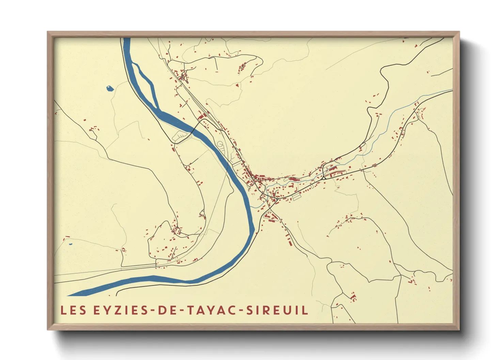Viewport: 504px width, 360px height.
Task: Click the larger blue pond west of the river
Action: click(x=109, y=88)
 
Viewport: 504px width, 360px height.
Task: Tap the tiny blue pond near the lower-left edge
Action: click(x=70, y=244)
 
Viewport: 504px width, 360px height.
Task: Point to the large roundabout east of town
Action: click(x=324, y=177)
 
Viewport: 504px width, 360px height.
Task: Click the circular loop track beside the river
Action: click(x=220, y=144)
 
